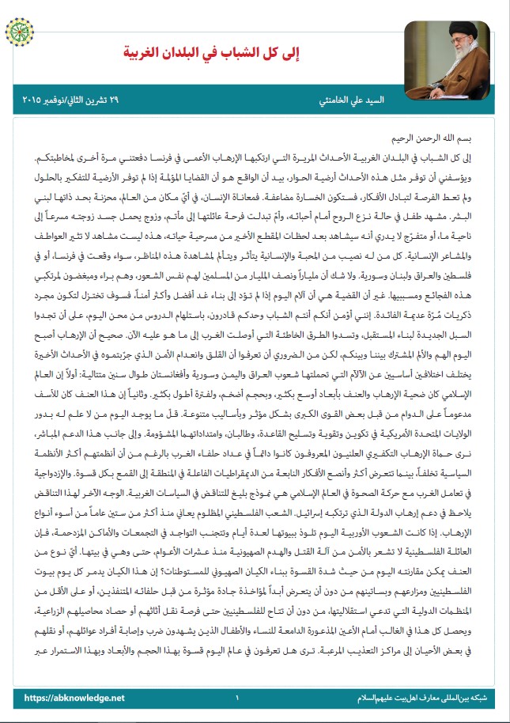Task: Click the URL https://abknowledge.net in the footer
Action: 74,698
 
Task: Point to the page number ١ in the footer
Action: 236,698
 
